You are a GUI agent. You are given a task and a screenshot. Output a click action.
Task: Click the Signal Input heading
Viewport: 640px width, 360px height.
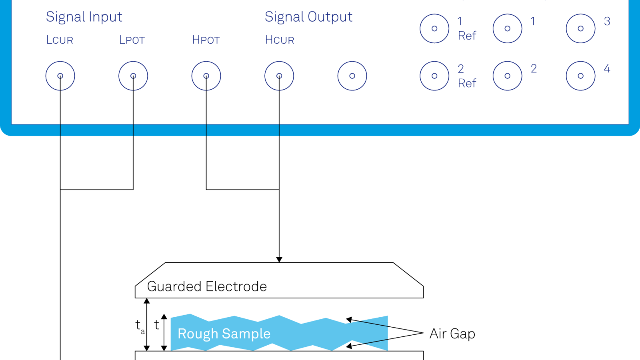(84, 17)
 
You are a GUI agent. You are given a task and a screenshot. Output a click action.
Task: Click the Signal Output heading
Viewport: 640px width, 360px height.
(308, 17)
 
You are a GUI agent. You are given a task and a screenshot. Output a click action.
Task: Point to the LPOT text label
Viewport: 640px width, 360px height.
(132, 40)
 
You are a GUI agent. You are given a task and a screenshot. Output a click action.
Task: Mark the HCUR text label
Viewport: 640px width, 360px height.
(280, 40)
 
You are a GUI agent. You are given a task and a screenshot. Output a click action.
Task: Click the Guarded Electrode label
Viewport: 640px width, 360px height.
(207, 286)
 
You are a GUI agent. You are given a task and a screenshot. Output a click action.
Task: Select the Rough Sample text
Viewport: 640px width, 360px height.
(224, 334)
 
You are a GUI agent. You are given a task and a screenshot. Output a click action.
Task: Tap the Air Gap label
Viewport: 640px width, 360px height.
(452, 334)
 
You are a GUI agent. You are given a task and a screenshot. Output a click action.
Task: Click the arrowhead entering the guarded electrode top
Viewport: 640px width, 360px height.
(279, 260)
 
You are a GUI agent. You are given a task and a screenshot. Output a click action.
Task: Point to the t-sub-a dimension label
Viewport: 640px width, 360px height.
(140, 326)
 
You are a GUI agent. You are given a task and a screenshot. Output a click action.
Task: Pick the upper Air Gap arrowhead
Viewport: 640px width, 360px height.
(349, 320)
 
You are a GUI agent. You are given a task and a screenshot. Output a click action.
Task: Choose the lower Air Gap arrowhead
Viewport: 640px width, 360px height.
(349, 346)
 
